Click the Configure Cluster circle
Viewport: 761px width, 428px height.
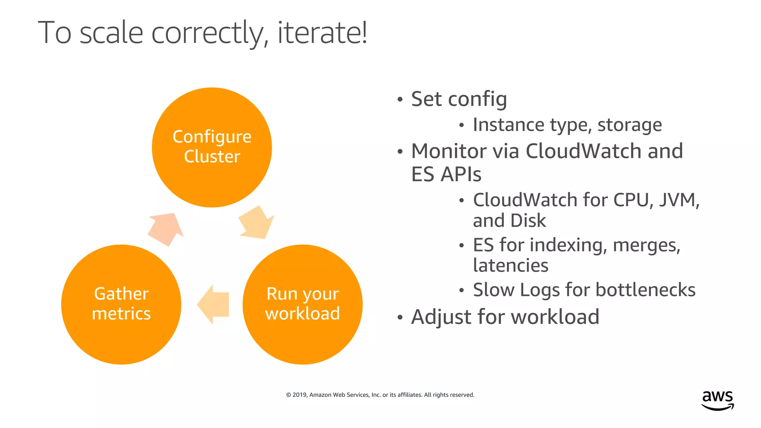pos(212,147)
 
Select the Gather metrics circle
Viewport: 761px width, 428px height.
pos(121,304)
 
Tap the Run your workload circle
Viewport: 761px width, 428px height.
pos(302,304)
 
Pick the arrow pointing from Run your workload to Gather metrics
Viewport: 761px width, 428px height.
pos(214,304)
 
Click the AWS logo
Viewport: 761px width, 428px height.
pos(718,400)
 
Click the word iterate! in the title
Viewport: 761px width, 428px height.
pos(322,33)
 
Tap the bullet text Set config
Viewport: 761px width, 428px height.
pos(459,99)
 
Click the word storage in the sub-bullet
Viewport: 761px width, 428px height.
pos(629,125)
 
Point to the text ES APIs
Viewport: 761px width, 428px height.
pos(446,174)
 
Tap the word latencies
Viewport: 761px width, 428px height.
pos(511,266)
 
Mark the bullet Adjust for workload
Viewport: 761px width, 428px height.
pos(505,317)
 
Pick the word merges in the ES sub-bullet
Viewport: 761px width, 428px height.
pos(646,245)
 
